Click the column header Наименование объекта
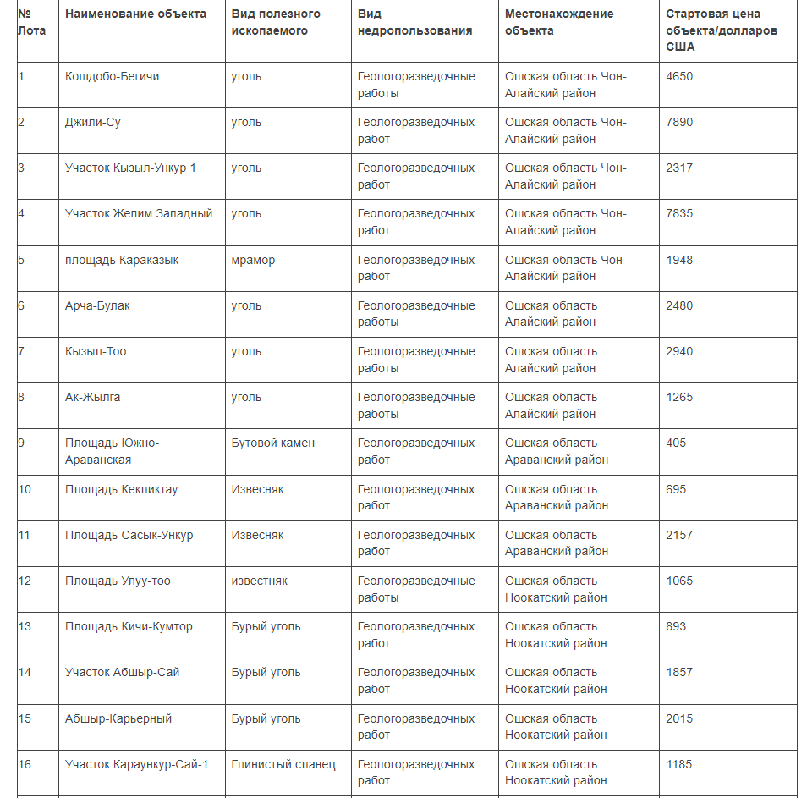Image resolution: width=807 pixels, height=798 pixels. pos(135,14)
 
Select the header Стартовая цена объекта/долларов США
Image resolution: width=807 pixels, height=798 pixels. pos(721,30)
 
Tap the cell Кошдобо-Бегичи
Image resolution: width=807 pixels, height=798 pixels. pos(112,76)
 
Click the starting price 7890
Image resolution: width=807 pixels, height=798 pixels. pos(679,122)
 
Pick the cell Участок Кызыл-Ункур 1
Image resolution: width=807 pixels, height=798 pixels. pos(130,168)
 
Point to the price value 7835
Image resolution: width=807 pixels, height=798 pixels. pos(679,213)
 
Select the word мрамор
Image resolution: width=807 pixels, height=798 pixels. pos(253,260)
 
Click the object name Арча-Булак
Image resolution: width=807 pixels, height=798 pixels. pos(97,305)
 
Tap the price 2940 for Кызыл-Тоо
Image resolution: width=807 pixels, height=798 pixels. pos(679,351)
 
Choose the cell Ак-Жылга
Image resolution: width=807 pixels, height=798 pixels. pos(92,397)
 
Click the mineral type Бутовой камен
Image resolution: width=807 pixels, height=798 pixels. pos(272,443)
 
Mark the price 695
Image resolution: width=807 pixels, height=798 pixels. pos(676,489)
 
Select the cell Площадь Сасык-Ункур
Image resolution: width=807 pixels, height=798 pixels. pos(129,535)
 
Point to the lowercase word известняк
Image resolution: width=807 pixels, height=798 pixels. pos(259,581)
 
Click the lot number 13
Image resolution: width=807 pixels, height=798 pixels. pos(25,626)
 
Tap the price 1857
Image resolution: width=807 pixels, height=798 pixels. pos(679,672)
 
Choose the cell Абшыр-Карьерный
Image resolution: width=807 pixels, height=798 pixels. pos(118,718)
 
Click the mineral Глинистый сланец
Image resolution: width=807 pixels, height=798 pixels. pos(283,764)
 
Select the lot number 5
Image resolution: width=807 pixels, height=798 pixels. pos(21,260)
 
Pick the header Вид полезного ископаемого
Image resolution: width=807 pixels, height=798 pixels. pos(276,23)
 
